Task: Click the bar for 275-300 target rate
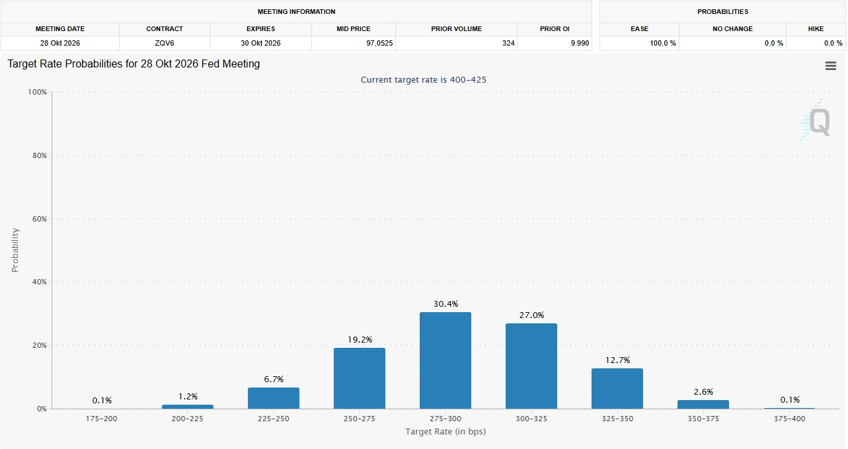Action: click(x=445, y=360)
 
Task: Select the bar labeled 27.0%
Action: click(x=531, y=366)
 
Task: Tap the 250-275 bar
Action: click(x=359, y=378)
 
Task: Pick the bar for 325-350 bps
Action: click(x=617, y=389)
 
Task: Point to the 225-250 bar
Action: click(x=273, y=398)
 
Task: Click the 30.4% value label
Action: click(x=445, y=304)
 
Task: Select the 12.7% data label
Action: click(x=617, y=360)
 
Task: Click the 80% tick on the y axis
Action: click(x=38, y=155)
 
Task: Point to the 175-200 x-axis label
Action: click(x=102, y=419)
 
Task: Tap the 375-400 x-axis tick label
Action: click(x=789, y=419)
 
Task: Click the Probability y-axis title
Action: click(x=15, y=250)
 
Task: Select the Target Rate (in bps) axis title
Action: click(x=445, y=432)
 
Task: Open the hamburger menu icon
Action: click(x=831, y=65)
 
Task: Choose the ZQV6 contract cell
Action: click(x=165, y=44)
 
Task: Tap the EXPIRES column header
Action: click(x=260, y=29)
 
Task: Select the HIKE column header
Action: click(x=816, y=29)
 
